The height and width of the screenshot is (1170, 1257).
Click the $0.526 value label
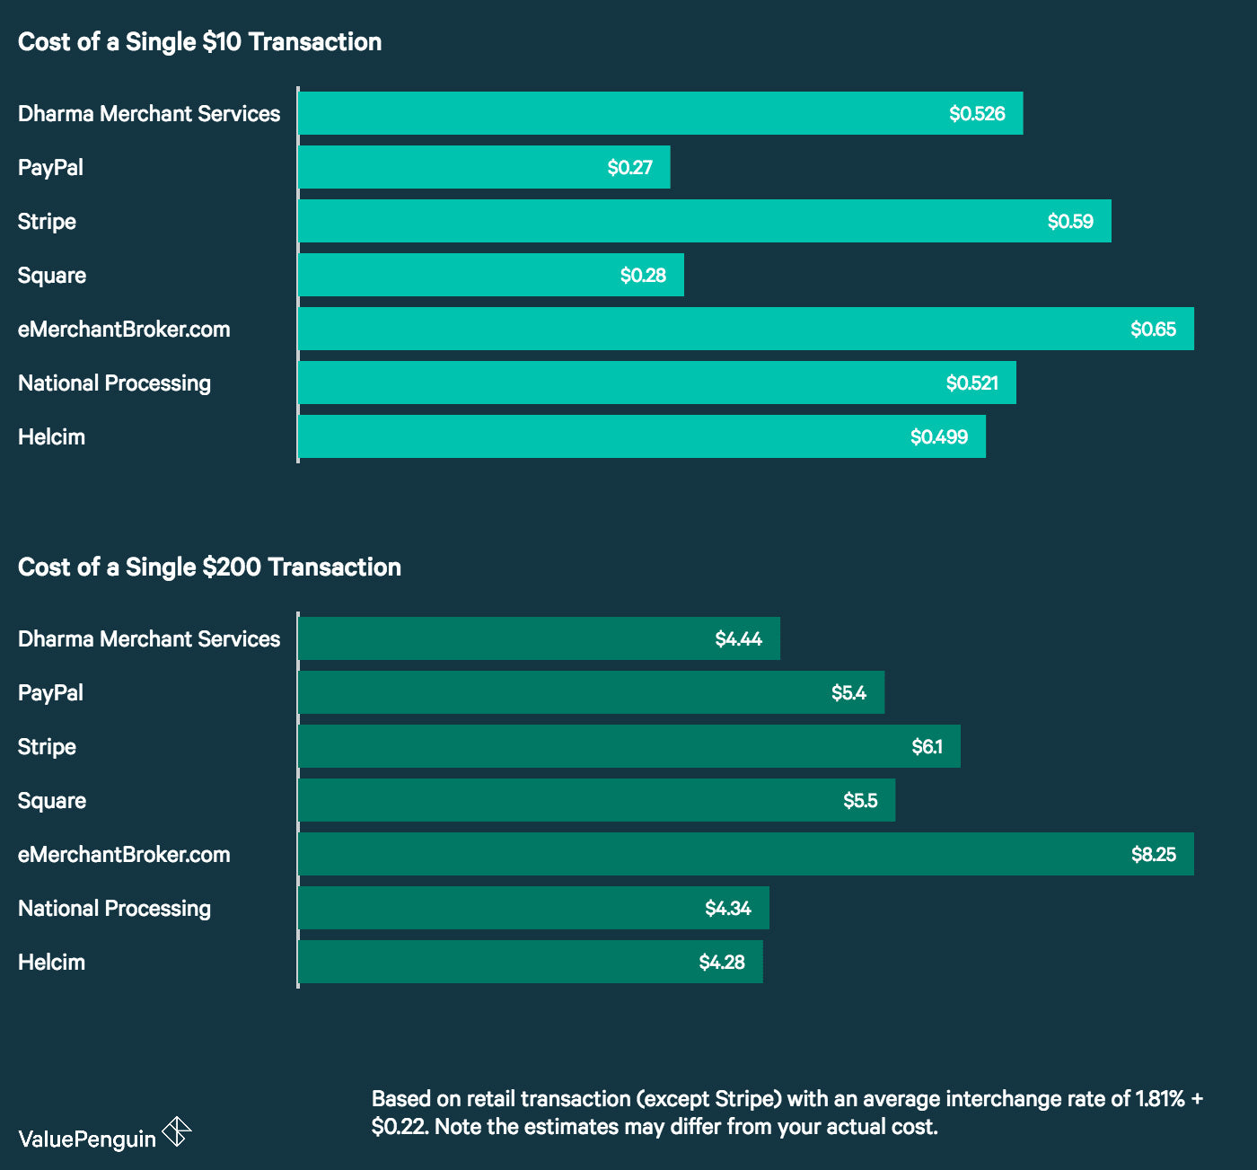coord(977,114)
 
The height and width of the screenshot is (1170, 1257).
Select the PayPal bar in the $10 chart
coord(483,168)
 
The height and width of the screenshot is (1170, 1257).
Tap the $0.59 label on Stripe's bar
coord(1070,222)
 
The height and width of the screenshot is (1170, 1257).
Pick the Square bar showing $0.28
coord(490,276)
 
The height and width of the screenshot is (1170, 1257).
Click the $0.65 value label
coord(1153,330)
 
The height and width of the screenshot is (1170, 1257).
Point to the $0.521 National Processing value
coord(971,383)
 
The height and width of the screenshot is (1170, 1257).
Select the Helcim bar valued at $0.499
coord(641,437)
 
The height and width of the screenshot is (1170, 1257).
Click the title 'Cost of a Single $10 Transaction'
coord(199,42)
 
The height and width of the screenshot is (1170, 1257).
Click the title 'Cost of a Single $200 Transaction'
coord(209,567)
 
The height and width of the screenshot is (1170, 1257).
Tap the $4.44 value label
coord(738,639)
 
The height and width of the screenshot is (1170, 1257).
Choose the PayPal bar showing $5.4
coord(591,693)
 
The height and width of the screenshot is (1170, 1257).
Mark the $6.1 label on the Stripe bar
coord(927,747)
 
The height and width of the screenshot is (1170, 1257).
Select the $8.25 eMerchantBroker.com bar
coord(745,855)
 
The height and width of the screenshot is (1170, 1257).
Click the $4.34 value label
coord(727,909)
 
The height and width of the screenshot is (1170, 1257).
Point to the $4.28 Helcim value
coord(722,963)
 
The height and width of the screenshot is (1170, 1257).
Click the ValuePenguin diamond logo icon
coord(177,1131)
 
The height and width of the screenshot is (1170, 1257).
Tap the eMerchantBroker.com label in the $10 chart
coord(124,330)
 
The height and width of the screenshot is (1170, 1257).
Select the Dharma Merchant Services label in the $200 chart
coord(149,639)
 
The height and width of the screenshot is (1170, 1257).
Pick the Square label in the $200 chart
coord(52,801)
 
